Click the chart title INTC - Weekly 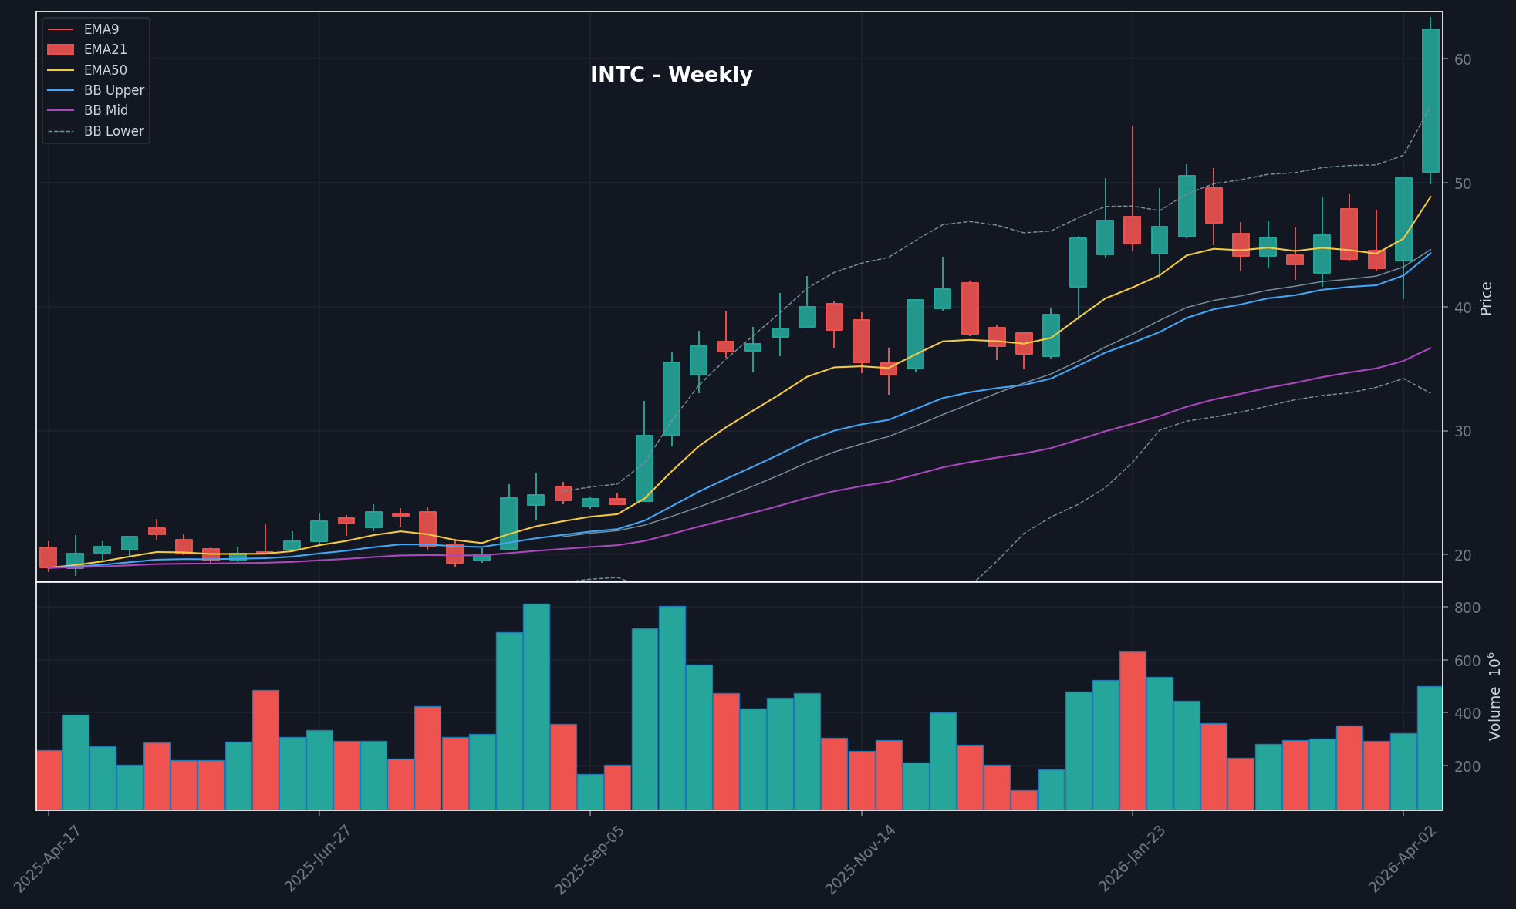tap(670, 76)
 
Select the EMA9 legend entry tap(101, 29)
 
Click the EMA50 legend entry tap(105, 70)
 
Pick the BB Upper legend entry tap(113, 90)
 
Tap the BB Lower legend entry tap(113, 131)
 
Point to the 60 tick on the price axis tap(1463, 59)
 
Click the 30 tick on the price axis tap(1463, 431)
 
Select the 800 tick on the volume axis tap(1466, 608)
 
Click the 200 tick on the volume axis tap(1466, 766)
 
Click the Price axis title tap(1487, 298)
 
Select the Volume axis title tap(1495, 696)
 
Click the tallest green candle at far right tap(1430, 100)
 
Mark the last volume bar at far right tap(1430, 748)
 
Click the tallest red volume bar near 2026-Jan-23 tap(1133, 730)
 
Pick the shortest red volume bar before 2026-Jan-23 tap(1024, 800)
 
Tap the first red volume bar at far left tap(49, 779)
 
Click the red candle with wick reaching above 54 tap(1132, 230)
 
